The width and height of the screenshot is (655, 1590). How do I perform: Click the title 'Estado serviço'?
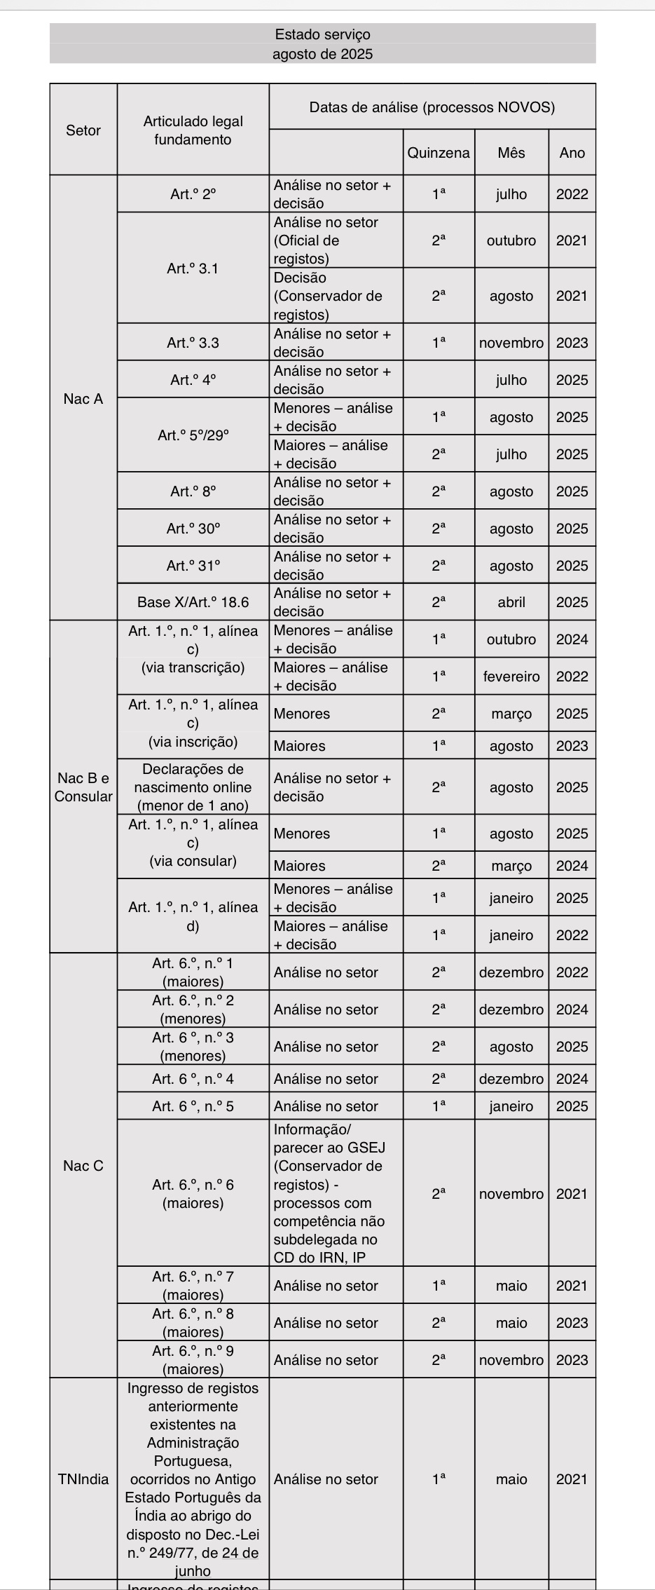click(322, 34)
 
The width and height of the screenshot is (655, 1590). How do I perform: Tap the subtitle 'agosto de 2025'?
click(322, 54)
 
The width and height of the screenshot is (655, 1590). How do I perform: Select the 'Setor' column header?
click(83, 130)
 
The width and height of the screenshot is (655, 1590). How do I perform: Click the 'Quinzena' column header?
click(439, 153)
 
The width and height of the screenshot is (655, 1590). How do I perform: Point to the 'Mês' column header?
click(511, 153)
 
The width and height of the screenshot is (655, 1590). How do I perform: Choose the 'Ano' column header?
click(572, 153)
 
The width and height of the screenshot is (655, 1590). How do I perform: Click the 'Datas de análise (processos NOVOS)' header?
click(432, 107)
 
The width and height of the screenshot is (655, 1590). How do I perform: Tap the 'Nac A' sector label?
click(83, 399)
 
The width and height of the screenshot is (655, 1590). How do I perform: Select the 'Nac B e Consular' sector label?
click(83, 787)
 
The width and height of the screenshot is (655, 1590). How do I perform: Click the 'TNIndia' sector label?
click(83, 1479)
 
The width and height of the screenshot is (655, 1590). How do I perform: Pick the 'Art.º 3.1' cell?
click(193, 269)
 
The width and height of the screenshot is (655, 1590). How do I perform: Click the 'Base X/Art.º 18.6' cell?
click(193, 602)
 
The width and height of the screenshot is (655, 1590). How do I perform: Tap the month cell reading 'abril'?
click(511, 602)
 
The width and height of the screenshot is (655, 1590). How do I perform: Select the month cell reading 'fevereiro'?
click(511, 677)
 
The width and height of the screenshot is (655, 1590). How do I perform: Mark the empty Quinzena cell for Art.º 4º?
click(439, 380)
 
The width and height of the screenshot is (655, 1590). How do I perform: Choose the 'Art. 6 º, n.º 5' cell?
click(193, 1106)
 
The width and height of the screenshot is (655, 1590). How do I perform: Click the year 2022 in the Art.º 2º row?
click(572, 194)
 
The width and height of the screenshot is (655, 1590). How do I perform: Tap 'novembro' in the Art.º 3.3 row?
click(511, 343)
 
